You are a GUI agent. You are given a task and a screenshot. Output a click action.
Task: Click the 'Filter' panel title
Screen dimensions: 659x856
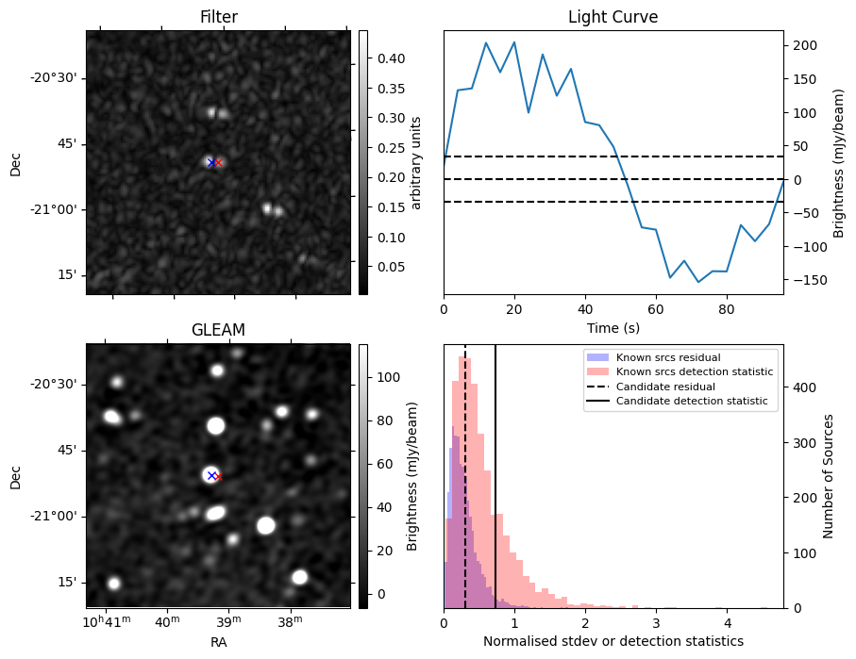point(218,17)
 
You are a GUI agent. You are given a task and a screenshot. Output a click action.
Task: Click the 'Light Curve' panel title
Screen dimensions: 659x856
point(613,17)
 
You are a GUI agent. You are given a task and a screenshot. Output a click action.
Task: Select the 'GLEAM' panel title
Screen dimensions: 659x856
point(218,330)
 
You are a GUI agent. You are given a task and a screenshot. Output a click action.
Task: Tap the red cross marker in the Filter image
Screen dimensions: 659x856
point(218,162)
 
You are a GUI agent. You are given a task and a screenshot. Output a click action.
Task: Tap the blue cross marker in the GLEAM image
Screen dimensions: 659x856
point(211,475)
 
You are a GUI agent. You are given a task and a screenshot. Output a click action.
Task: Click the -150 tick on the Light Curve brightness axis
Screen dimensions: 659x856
point(802,280)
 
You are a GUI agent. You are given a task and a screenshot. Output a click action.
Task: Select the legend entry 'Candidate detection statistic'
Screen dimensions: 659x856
point(680,402)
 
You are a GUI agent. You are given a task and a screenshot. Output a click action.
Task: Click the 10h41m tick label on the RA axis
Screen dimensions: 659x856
point(107,622)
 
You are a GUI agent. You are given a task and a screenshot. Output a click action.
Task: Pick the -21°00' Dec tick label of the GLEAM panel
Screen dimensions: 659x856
point(56,517)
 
